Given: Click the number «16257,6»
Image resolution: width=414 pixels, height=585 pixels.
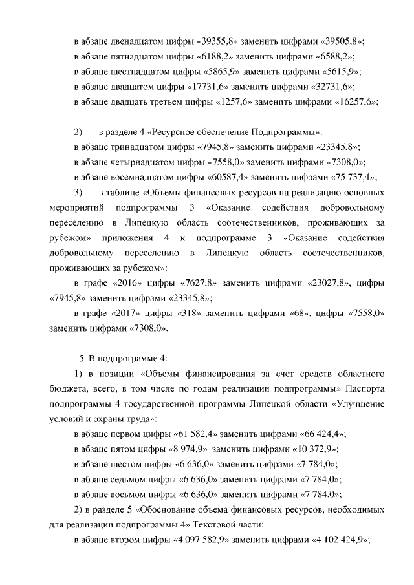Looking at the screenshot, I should point(354,101).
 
